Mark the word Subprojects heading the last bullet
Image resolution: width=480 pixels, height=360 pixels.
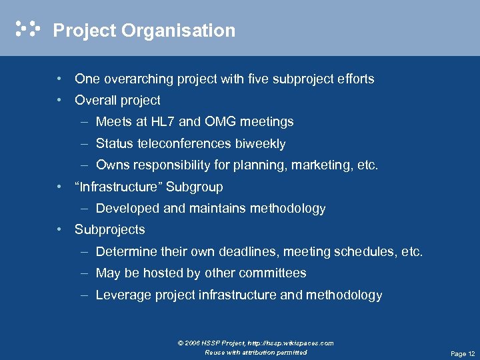pos(110,230)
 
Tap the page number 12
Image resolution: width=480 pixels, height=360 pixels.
pos(471,354)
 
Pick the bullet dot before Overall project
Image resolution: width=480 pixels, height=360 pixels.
pos(60,101)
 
